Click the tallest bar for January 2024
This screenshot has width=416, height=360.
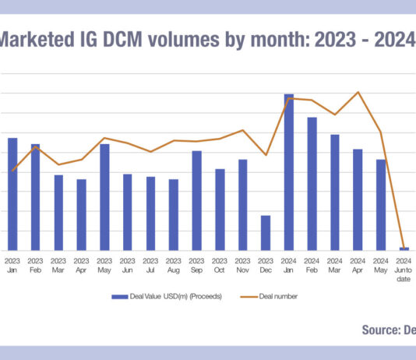[288, 172]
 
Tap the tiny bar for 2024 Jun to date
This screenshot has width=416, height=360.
[404, 249]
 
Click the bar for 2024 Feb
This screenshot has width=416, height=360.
[312, 184]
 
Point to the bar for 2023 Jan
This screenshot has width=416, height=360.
[12, 194]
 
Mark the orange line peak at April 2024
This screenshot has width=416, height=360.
[358, 92]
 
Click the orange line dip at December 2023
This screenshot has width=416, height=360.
[266, 155]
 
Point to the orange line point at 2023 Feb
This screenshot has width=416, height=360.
[36, 146]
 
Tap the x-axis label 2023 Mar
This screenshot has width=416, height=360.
[58, 266]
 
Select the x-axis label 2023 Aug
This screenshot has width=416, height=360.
[174, 266]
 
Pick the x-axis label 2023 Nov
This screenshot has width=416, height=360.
[242, 266]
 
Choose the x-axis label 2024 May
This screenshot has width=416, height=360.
[380, 266]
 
